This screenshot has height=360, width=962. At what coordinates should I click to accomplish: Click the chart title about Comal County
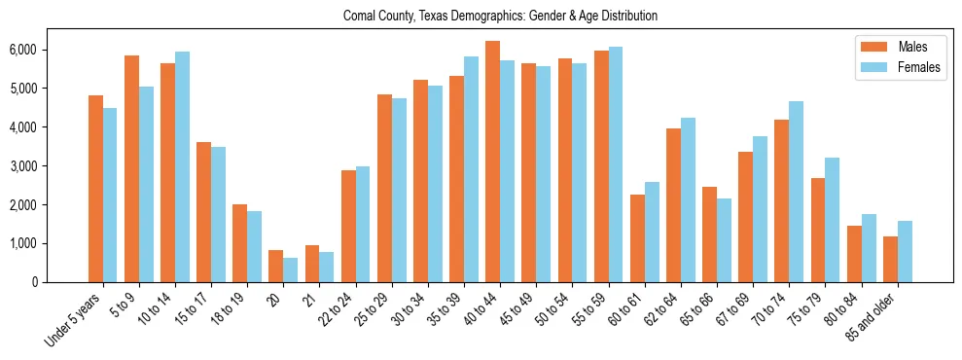click(500, 17)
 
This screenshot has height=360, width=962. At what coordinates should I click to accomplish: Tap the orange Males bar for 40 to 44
click(492, 162)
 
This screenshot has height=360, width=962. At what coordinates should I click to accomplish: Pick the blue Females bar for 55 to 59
click(616, 164)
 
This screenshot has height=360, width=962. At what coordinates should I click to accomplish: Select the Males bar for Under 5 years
click(95, 189)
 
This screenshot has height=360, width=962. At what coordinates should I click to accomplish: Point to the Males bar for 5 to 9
click(131, 169)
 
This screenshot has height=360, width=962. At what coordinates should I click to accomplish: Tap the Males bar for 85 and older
click(889, 259)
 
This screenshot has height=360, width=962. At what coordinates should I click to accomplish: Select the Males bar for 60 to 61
click(637, 238)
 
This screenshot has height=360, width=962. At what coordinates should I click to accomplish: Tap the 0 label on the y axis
click(60, 282)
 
